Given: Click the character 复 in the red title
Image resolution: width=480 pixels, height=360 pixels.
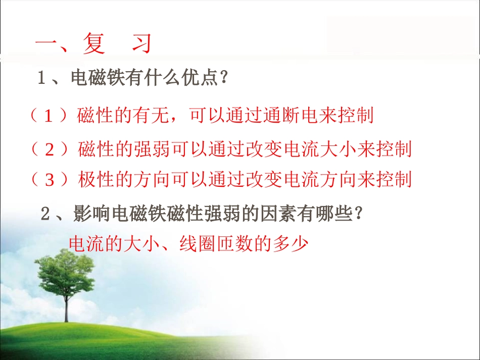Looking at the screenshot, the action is pyautogui.click(x=93, y=43).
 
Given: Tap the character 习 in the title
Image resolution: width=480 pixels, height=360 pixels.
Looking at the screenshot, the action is pyautogui.click(x=142, y=43).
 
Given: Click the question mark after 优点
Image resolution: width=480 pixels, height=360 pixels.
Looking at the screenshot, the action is pyautogui.click(x=224, y=77).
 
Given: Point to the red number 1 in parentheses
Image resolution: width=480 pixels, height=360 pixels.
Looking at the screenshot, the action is pyautogui.click(x=49, y=116).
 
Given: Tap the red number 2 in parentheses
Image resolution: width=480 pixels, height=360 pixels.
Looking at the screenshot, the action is pyautogui.click(x=50, y=149).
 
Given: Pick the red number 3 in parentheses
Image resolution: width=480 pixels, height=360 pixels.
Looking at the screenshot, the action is pyautogui.click(x=50, y=180).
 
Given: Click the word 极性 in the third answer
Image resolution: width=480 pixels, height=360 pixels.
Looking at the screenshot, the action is pyautogui.click(x=96, y=179).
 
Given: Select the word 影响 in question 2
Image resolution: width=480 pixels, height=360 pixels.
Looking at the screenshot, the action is pyautogui.click(x=91, y=213).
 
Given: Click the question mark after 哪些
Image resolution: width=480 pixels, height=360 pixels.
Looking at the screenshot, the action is pyautogui.click(x=359, y=213).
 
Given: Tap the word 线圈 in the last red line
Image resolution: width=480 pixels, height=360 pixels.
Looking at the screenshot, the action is pyautogui.click(x=197, y=244).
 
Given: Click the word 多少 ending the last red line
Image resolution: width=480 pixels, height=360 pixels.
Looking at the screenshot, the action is pyautogui.click(x=291, y=244).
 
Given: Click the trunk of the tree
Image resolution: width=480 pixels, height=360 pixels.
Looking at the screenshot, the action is pyautogui.click(x=66, y=306).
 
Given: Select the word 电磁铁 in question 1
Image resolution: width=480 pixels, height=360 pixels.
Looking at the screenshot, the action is pyautogui.click(x=98, y=77).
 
